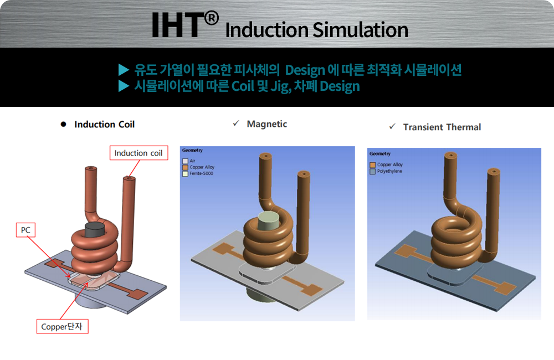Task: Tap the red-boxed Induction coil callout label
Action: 138,153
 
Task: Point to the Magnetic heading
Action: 266,124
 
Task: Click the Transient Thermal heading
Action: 442,127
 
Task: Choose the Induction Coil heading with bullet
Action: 104,125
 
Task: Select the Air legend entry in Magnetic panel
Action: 192,161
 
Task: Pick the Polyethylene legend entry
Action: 390,171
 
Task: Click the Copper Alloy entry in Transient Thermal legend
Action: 390,164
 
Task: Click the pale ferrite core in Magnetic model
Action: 269,220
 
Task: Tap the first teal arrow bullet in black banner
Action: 124,70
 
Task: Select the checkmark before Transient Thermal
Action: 392,127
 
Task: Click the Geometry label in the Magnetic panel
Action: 192,150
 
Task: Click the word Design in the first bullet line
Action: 307,70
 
